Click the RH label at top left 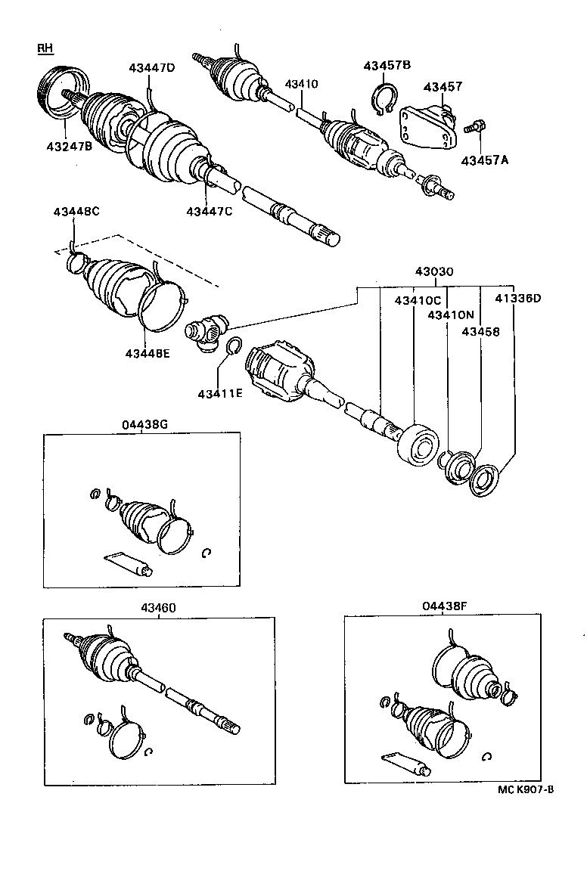click(45, 49)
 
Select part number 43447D click(151, 68)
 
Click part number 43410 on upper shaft click(302, 83)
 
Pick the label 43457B click(387, 66)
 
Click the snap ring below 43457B click(386, 104)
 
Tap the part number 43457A click(485, 160)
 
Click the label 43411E click(221, 393)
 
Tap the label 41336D click(518, 299)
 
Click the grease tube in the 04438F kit click(405, 763)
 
